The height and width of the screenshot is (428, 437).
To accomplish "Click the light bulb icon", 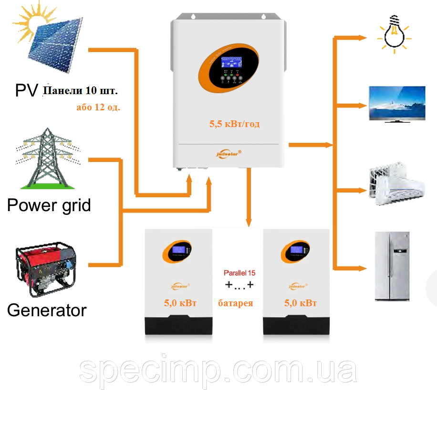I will coord(395,33).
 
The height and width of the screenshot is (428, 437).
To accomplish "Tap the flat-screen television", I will coord(397,104).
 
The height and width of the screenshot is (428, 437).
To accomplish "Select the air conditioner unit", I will coord(397,186).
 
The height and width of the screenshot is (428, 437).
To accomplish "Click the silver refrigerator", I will coord(392,266).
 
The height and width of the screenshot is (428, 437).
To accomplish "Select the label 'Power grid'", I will coord(49,205).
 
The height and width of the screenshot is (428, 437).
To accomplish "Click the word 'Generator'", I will coord(47,310).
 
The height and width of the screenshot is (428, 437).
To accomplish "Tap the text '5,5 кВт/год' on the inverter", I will coord(234,124).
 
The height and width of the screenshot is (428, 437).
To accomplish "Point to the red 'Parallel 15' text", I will coord(239,273).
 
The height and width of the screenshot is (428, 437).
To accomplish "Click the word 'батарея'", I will coord(236,303).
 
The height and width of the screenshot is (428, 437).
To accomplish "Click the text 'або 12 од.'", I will coord(98,107).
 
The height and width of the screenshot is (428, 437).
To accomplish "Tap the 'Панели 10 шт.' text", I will coord(80,90).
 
